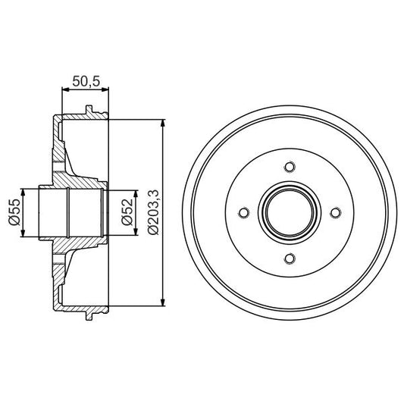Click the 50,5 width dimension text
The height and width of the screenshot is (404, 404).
coord(84,80)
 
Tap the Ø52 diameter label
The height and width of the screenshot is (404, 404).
coord(127,213)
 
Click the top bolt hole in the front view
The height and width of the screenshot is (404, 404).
coord(288,168)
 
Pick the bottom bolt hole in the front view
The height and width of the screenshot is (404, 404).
coord(288,259)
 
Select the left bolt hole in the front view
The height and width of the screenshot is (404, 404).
coord(243,214)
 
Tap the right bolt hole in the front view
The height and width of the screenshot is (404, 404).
coord(334,214)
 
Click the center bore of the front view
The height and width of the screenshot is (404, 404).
coord(288,214)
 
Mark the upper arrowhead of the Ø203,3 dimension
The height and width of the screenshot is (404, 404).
coord(164,124)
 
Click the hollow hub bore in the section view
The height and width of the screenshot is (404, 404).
coord(76,214)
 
